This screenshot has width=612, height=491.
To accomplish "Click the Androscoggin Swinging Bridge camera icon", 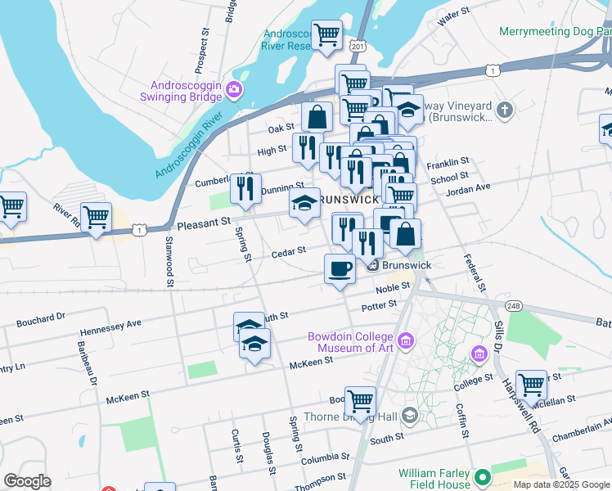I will [x=235, y=89].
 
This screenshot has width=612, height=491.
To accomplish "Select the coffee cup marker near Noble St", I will [x=340, y=268].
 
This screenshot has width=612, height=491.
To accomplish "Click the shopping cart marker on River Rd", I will [x=96, y=217].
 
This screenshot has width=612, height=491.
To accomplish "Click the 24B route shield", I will [x=513, y=306].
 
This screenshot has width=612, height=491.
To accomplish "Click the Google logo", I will [x=28, y=480].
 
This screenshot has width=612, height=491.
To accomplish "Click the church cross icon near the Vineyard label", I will [x=506, y=110].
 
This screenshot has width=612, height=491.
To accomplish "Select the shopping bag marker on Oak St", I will [x=317, y=117].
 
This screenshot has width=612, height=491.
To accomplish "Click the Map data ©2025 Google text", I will [x=560, y=484].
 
